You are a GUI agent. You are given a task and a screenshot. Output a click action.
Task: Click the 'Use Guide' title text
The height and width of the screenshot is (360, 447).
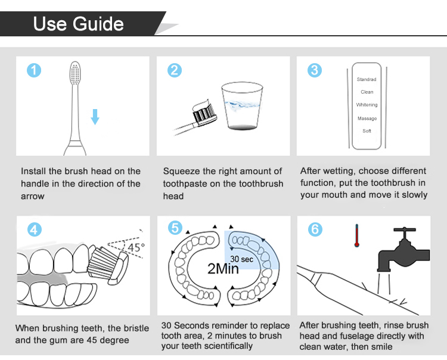79,23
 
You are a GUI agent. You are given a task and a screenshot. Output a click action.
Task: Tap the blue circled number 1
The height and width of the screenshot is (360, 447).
34,70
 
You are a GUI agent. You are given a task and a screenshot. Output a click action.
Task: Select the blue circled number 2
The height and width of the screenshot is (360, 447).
175,70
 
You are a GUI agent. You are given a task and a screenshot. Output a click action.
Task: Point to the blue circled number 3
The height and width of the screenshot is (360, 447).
315,70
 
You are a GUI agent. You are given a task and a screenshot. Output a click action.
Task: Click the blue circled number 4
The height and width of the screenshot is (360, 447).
35,229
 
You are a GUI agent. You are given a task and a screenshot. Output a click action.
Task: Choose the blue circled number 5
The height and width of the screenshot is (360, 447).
175,228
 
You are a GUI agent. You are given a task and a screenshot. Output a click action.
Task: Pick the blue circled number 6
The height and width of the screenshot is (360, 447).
315,229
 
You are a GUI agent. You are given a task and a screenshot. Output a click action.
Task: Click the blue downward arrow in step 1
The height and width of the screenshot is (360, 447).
95,117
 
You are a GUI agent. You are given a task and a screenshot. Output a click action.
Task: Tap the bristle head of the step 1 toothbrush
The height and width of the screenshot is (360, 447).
75,73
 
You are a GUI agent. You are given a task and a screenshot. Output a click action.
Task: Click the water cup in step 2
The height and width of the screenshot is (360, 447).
242,106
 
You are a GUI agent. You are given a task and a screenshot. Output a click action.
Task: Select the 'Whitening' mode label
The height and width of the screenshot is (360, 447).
367,105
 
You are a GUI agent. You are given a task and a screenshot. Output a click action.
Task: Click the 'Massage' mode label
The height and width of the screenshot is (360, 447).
367,118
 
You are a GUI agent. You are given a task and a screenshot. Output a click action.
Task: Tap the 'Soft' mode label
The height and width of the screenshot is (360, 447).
367,131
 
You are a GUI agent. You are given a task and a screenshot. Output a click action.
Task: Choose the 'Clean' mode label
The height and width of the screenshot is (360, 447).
367,92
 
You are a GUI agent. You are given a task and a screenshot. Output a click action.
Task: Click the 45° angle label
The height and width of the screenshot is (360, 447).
136,247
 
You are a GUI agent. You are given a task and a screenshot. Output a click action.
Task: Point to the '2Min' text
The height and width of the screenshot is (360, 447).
223,268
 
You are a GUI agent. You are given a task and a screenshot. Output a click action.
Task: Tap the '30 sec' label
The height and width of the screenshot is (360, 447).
242,259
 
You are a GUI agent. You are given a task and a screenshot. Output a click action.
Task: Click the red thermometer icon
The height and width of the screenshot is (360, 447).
356,235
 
